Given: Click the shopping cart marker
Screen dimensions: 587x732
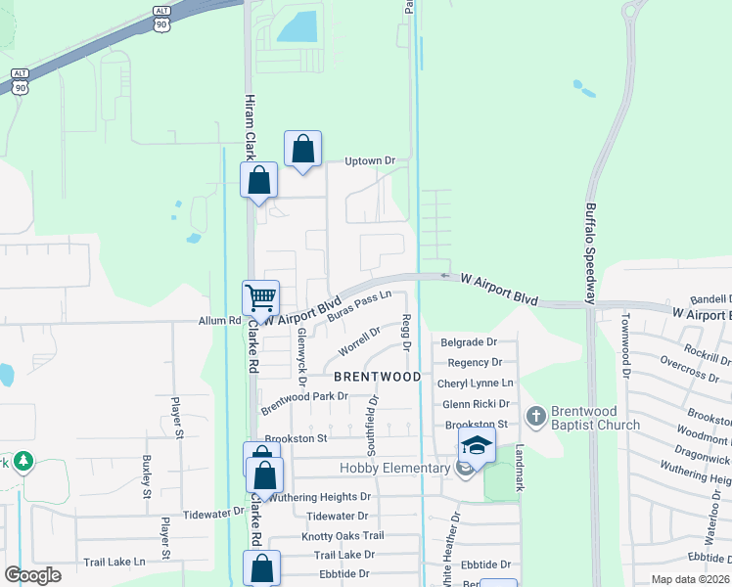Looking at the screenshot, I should click(x=260, y=297).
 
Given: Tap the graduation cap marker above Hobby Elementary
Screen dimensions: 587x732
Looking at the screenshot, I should click(x=477, y=444).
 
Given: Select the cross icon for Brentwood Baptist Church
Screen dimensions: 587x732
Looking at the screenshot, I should click(x=535, y=417).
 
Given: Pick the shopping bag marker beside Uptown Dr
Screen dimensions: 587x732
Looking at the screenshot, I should click(x=303, y=150).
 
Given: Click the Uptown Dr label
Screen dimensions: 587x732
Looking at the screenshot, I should click(x=369, y=160).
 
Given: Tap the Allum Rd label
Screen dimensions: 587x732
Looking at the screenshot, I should click(x=219, y=320).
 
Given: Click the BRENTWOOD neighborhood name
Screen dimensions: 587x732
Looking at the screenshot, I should click(x=378, y=377).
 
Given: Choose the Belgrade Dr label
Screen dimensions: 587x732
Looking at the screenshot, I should click(x=470, y=342).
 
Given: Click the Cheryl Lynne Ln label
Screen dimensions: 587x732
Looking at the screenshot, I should click(x=476, y=383).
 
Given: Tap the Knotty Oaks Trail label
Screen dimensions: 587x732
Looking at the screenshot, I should click(x=343, y=535).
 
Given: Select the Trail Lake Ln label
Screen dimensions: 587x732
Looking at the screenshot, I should click(x=114, y=562).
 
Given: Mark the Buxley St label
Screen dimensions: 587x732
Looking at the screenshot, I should click(x=146, y=473).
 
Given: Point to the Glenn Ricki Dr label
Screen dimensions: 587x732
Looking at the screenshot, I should click(x=477, y=403).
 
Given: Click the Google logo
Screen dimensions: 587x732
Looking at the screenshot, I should click(x=32, y=575).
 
